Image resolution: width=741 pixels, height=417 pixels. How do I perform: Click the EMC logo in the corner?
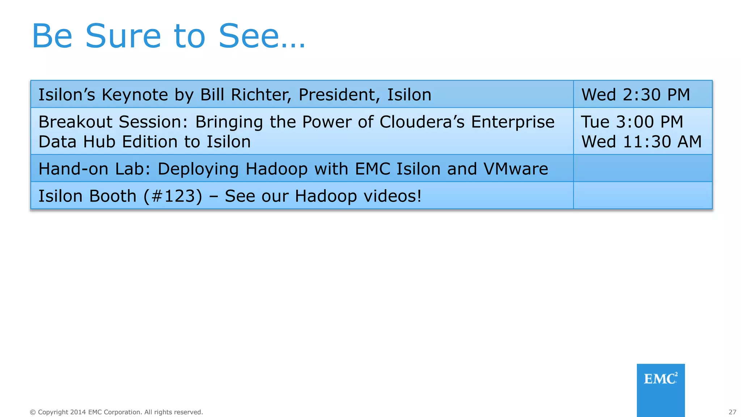pyautogui.click(x=660, y=379)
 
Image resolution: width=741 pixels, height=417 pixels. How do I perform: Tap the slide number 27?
pyautogui.click(x=732, y=412)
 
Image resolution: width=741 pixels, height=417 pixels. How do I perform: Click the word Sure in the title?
pyautogui.click(x=123, y=36)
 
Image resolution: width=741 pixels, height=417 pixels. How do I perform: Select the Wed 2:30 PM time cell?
pyautogui.click(x=636, y=95)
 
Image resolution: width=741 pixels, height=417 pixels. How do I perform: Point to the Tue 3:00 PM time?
pyautogui.click(x=632, y=122)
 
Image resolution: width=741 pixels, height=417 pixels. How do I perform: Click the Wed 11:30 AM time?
pyautogui.click(x=642, y=142)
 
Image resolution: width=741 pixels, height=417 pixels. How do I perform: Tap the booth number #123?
pyautogui.click(x=173, y=196)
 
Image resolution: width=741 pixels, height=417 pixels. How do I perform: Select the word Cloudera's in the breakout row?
pyautogui.click(x=422, y=122)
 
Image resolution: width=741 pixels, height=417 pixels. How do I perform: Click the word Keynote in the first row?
pyautogui.click(x=135, y=95)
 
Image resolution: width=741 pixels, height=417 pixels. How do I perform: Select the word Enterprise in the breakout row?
pyautogui.click(x=513, y=122)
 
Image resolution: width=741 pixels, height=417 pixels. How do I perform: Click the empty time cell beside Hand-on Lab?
pyautogui.click(x=643, y=168)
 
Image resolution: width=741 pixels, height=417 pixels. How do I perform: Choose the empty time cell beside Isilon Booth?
pyautogui.click(x=643, y=195)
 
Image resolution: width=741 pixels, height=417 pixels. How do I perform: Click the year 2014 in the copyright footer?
pyautogui.click(x=78, y=412)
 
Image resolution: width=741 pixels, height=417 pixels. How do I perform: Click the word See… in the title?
pyautogui.click(x=262, y=36)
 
